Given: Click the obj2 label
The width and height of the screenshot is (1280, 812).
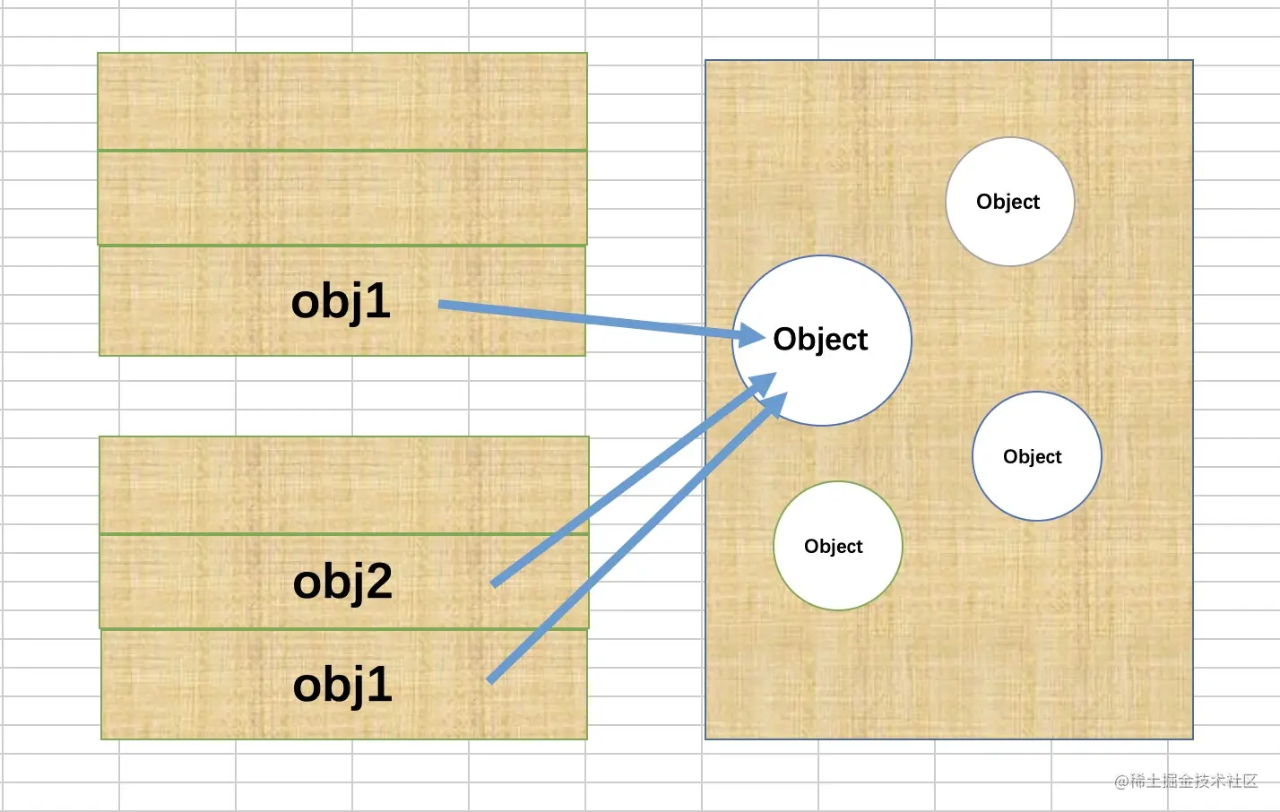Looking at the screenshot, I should [x=342, y=582].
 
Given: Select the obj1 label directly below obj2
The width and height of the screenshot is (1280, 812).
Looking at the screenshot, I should [x=342, y=686].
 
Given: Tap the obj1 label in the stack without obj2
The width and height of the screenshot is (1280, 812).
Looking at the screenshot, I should [x=341, y=301].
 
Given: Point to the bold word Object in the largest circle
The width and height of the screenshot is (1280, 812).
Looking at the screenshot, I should [x=820, y=340].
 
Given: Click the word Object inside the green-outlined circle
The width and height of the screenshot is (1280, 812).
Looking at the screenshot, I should [x=833, y=546].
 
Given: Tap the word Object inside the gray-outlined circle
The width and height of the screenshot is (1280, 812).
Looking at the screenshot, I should [x=1008, y=202].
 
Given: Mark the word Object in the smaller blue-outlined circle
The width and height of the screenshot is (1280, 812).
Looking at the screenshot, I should [x=1032, y=456].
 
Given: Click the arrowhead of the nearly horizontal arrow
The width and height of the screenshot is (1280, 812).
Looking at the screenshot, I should [x=751, y=336].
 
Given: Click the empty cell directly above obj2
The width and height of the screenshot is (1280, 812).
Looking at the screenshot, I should [x=344, y=485].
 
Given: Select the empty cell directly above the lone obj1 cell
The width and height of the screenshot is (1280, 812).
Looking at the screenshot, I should [x=342, y=197].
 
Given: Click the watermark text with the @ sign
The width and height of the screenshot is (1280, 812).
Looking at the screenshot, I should [x=1185, y=781].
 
